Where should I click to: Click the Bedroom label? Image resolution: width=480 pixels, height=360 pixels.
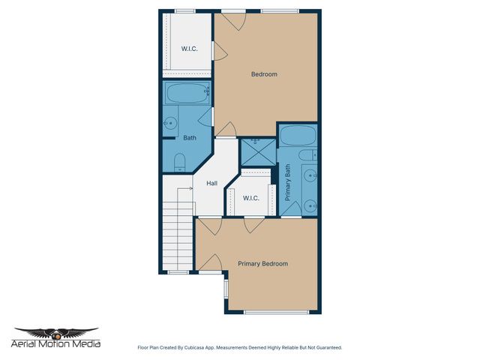264,74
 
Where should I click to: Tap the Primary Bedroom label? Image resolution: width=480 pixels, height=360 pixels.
262,264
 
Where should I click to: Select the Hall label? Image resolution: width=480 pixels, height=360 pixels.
211,182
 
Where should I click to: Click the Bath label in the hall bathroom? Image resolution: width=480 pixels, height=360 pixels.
190,138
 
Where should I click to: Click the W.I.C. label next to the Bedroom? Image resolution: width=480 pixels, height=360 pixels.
189,49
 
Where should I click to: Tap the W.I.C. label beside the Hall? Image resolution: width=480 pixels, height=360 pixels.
250,198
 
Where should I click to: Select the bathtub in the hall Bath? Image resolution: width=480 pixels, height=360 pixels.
186,94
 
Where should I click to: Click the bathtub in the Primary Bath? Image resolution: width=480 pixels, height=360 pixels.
297,137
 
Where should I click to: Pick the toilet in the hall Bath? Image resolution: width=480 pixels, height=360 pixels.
179,161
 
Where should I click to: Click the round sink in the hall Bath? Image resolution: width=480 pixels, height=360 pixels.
171,123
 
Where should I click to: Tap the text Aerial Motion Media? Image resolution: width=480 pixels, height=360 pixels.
56,345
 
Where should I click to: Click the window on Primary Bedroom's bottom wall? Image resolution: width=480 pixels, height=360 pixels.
276,312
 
